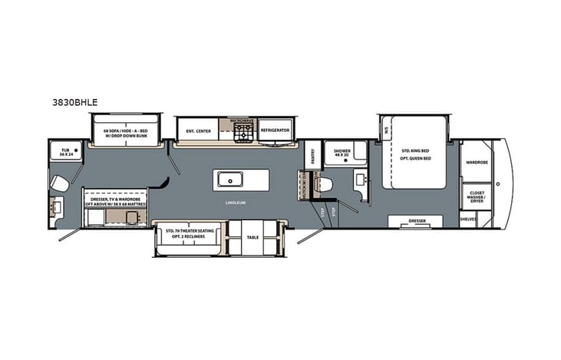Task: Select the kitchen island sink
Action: coord(229,180)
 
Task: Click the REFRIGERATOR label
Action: coord(275,130)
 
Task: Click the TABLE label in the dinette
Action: coord(253,238)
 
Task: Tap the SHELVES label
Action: coord(468,219)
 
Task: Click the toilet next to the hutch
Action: coord(324,184)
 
